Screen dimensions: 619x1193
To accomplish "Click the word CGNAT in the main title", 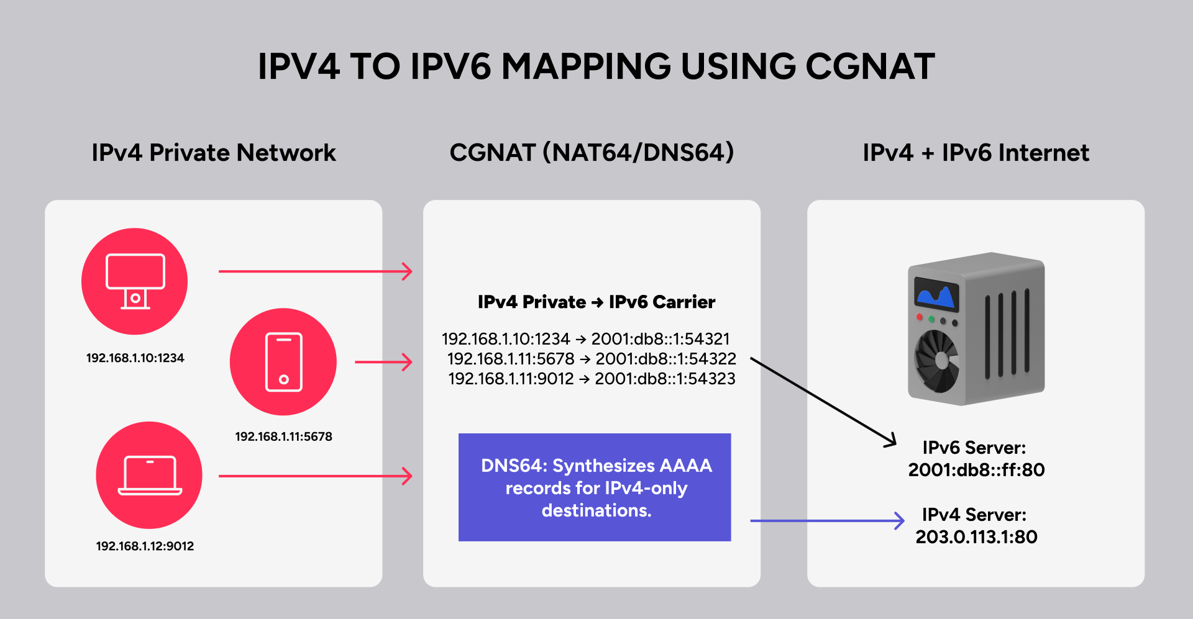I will pos(869,66).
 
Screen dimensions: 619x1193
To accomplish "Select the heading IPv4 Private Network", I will pos(214,153).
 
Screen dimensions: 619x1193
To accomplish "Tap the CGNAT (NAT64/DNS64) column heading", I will pos(592,153).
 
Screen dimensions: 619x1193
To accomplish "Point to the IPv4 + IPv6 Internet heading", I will pos(976,153).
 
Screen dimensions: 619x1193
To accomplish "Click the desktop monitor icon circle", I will pos(135,281).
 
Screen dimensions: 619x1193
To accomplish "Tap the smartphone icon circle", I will pos(283,362).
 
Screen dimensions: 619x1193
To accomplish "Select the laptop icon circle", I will pos(149,475).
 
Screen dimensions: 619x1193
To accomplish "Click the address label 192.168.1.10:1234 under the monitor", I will pos(135,358).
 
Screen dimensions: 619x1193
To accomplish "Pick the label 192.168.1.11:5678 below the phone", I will pos(283,436).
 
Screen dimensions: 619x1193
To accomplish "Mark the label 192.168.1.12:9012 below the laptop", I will pos(145,546).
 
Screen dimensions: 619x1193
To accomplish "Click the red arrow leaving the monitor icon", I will pos(314,271).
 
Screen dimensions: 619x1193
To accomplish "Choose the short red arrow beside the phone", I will pos(383,362).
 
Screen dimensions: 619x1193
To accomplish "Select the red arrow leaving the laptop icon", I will pos(314,476).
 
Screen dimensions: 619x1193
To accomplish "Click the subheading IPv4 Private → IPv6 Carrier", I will pos(596,302).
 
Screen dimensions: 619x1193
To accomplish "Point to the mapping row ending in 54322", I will pos(592,359).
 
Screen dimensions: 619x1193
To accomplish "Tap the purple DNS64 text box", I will pos(595,487).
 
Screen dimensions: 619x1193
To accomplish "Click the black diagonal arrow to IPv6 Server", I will pos(823,401).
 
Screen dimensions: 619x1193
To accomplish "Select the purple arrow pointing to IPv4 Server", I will pos(826,521).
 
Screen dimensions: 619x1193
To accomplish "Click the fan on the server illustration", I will pos(937,361).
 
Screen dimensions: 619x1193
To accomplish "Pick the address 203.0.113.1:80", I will pos(976,537).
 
